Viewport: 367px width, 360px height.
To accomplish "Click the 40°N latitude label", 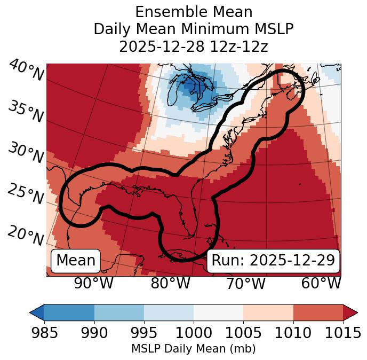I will point(26,71).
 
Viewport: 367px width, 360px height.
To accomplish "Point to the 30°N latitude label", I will point(26,153).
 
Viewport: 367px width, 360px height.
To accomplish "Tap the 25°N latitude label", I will point(26,194).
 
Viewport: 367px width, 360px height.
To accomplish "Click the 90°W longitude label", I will point(93,283).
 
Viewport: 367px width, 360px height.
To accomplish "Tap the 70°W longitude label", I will point(246,283).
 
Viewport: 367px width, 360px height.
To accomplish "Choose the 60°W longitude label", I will point(321,283).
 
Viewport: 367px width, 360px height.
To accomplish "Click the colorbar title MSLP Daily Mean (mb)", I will point(193,349).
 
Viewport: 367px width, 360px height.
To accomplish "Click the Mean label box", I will point(76,261).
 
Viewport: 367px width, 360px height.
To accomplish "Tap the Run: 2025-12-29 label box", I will point(273,261).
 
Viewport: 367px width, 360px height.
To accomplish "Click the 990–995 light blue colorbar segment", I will point(119,312).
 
